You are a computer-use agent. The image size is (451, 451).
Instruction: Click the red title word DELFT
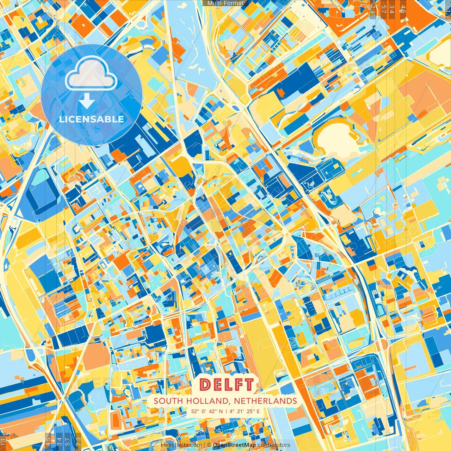click(226, 385)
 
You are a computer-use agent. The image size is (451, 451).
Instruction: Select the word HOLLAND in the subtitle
click(207, 401)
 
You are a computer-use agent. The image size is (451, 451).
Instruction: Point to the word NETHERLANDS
click(265, 401)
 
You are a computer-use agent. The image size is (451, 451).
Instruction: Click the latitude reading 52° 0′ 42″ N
click(207, 411)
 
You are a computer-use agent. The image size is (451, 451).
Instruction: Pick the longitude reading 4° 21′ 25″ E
click(245, 411)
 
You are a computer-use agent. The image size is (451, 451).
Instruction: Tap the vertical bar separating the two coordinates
click(226, 411)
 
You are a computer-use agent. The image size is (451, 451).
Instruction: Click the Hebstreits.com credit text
click(181, 445)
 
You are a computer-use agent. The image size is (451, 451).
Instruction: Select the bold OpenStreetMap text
click(234, 445)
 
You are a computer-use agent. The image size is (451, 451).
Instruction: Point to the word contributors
click(274, 445)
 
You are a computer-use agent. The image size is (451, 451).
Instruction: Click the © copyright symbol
click(209, 445)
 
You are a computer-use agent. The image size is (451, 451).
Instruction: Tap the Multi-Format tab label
click(225, 3)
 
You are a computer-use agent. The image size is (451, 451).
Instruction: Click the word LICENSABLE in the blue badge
click(92, 119)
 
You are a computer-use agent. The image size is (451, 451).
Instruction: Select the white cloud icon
click(91, 74)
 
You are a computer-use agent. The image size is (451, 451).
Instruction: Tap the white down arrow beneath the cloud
click(87, 101)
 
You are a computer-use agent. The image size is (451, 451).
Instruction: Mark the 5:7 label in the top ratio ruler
click(383, 9)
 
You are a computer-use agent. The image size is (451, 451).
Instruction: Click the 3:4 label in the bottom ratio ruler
click(59, 441)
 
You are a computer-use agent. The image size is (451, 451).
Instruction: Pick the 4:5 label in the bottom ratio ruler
click(48, 441)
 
